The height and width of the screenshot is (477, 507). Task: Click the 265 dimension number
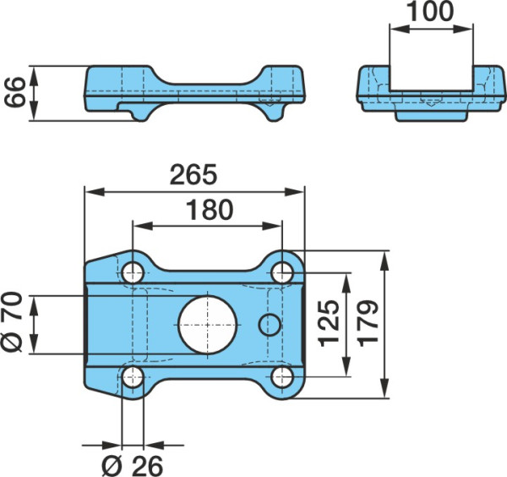point(194,175)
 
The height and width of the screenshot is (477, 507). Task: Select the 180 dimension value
point(210,210)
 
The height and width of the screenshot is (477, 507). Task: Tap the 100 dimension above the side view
point(430,11)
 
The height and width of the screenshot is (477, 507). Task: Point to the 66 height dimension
point(15,92)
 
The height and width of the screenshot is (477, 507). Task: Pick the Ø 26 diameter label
point(133,466)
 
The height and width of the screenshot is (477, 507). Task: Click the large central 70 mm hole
point(208,325)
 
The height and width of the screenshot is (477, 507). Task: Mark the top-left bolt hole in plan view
point(133,273)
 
